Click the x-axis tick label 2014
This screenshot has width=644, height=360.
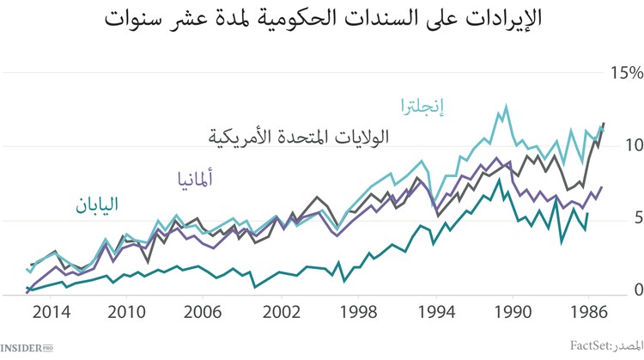click(x=51, y=310)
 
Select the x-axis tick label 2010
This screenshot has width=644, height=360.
click(x=127, y=310)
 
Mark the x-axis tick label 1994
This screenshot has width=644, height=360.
click(x=436, y=310)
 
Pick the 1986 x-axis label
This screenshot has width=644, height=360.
click(x=589, y=310)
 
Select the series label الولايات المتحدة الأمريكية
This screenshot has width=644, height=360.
click(x=298, y=137)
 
